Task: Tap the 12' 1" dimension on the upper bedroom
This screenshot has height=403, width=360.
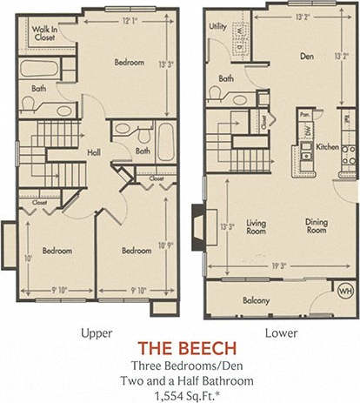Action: point(130,20)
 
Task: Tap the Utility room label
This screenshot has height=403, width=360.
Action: point(217,26)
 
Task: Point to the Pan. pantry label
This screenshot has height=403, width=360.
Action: point(304,113)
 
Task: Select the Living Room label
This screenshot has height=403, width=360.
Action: point(256,225)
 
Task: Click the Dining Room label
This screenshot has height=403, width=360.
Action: point(316,225)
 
